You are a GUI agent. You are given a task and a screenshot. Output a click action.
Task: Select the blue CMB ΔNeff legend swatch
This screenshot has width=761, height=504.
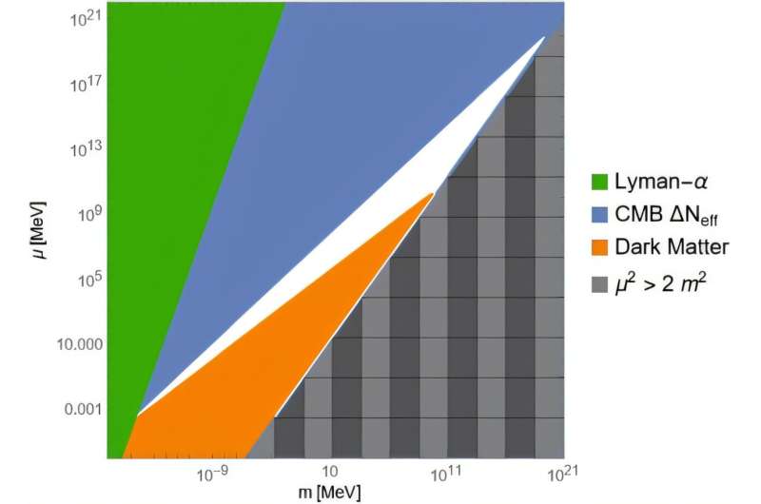(601, 214)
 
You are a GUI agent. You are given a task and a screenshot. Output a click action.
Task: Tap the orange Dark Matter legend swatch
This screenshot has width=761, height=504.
(601, 246)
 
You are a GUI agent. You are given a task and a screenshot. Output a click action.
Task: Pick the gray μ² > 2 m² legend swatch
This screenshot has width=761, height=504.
(601, 279)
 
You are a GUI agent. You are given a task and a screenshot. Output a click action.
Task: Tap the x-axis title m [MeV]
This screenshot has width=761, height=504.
(329, 494)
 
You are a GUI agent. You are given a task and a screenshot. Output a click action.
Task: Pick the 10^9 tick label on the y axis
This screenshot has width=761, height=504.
(84, 214)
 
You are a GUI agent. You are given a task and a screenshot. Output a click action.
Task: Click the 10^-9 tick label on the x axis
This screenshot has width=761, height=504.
(213, 472)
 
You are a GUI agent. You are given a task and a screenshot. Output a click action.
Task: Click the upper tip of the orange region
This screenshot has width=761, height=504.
(432, 194)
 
